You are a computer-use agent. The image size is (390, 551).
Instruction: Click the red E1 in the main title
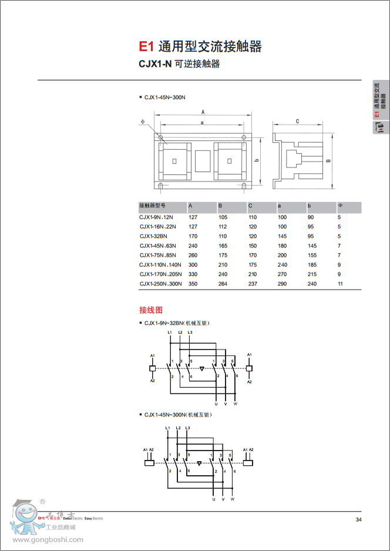point(145,46)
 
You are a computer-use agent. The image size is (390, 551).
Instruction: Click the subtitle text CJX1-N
point(155,64)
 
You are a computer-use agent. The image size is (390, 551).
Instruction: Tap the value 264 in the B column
point(223,284)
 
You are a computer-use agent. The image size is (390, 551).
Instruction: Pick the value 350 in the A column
point(193,284)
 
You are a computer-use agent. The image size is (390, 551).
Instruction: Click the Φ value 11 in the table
point(340,284)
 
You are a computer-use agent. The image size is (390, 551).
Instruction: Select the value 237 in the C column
point(253,284)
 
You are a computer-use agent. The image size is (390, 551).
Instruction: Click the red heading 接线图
point(150,310)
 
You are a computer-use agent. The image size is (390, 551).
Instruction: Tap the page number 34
point(358,519)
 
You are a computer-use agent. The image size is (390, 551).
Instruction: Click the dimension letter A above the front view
point(202,112)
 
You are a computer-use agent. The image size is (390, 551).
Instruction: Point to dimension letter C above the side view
point(298,120)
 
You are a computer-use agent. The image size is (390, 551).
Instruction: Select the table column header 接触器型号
point(152,206)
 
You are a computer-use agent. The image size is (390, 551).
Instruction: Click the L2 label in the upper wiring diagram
point(180,333)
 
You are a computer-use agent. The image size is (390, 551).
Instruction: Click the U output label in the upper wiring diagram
point(216,405)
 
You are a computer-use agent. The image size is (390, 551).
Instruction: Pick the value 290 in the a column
point(283,284)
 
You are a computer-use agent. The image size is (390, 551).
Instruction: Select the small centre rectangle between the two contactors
point(202,161)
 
